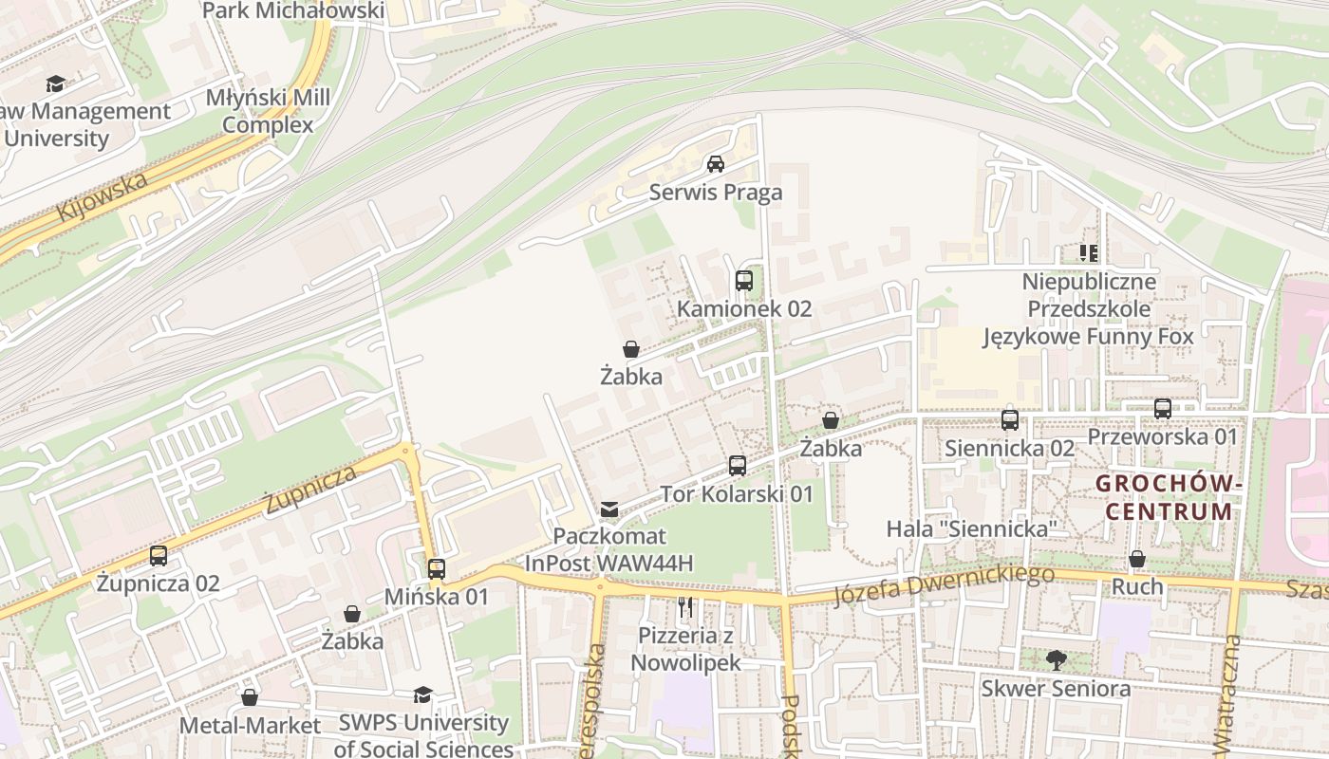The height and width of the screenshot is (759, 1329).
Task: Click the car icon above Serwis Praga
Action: point(716,164)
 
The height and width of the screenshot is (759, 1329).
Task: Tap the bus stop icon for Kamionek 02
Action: point(743,281)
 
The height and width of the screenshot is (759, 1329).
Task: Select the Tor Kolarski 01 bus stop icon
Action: point(738,466)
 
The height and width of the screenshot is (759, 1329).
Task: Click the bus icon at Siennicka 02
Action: point(1009,419)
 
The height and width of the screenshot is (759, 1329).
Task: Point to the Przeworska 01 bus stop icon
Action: point(1163,409)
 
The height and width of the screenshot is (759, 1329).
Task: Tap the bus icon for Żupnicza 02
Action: point(159,556)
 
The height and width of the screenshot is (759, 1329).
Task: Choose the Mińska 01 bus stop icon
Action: point(436,569)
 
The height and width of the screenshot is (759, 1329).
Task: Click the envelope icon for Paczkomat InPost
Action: point(609,509)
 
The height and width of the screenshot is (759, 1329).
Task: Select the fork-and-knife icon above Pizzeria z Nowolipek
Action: point(685,606)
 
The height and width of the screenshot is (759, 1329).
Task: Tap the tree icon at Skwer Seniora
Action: point(1056,660)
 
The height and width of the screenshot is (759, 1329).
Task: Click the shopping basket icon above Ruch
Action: point(1137,559)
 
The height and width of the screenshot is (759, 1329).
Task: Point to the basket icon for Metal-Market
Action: point(250,697)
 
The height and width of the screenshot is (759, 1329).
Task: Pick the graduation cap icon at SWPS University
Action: point(422,695)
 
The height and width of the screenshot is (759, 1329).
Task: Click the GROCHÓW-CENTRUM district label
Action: point(1168,497)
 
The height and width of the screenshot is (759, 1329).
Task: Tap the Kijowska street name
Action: point(103,196)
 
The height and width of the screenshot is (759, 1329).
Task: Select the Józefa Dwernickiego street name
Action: point(944,584)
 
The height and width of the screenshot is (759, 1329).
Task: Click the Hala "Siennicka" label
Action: point(972,528)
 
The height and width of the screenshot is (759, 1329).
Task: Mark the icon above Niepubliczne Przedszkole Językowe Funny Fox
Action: point(1088,253)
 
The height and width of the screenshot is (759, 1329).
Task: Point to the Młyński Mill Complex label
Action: point(269,111)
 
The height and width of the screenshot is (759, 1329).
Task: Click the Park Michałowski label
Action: point(293,11)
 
